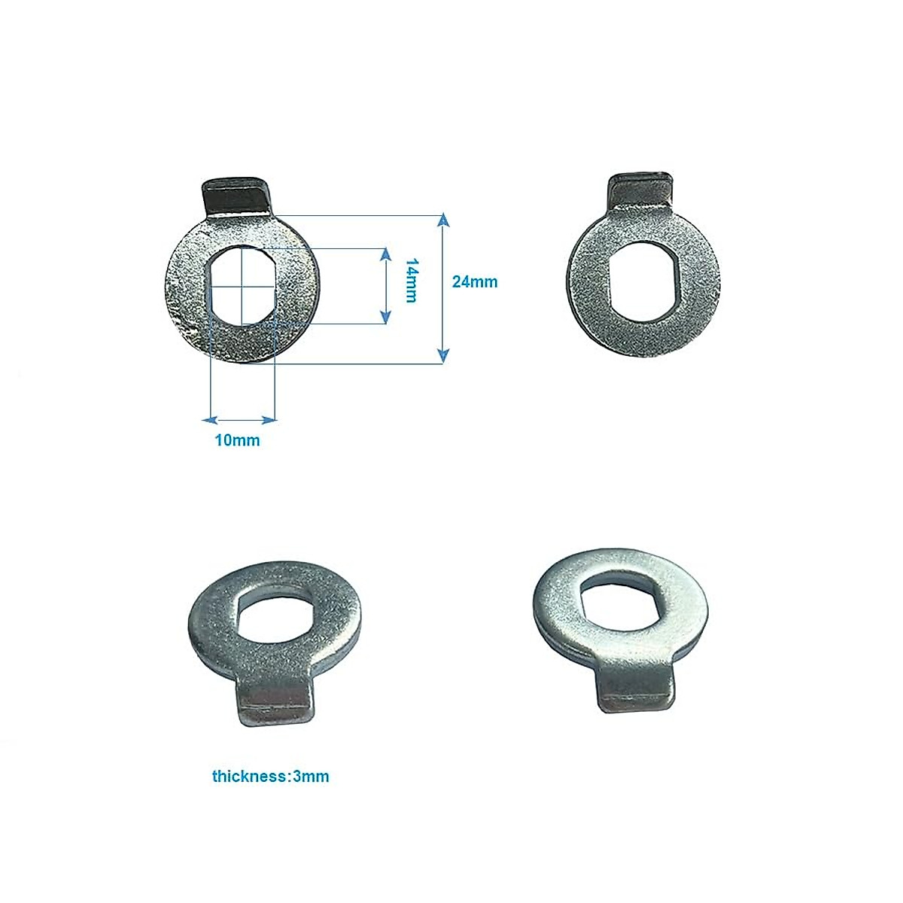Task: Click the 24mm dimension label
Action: coord(474,282)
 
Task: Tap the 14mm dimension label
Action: coord(410,281)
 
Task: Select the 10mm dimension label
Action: coord(237,440)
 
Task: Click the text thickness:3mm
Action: coord(270,776)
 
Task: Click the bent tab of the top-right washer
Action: coord(641,193)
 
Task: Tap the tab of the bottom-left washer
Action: coord(274,703)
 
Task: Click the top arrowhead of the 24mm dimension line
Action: coord(443,220)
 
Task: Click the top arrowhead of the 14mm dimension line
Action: coord(386,254)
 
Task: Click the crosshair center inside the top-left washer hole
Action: coord(241,285)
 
